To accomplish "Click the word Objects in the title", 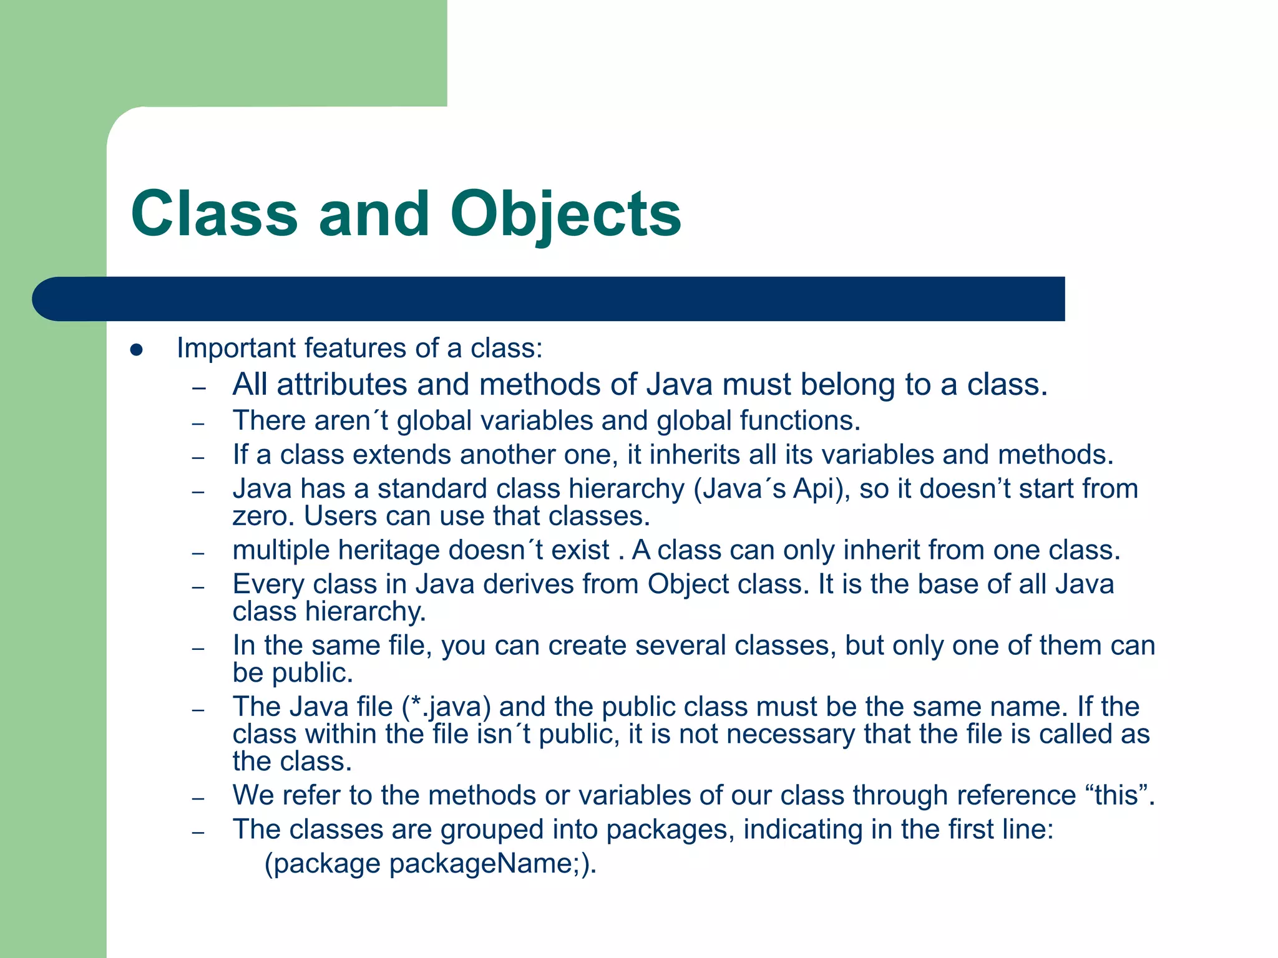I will point(565,215).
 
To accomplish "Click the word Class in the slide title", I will point(214,215).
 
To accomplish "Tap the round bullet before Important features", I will point(137,350).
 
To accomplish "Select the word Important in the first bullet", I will point(236,348).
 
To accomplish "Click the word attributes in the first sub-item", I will point(342,384).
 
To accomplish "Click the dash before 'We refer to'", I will point(198,798).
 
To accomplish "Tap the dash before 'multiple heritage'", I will point(198,553).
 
